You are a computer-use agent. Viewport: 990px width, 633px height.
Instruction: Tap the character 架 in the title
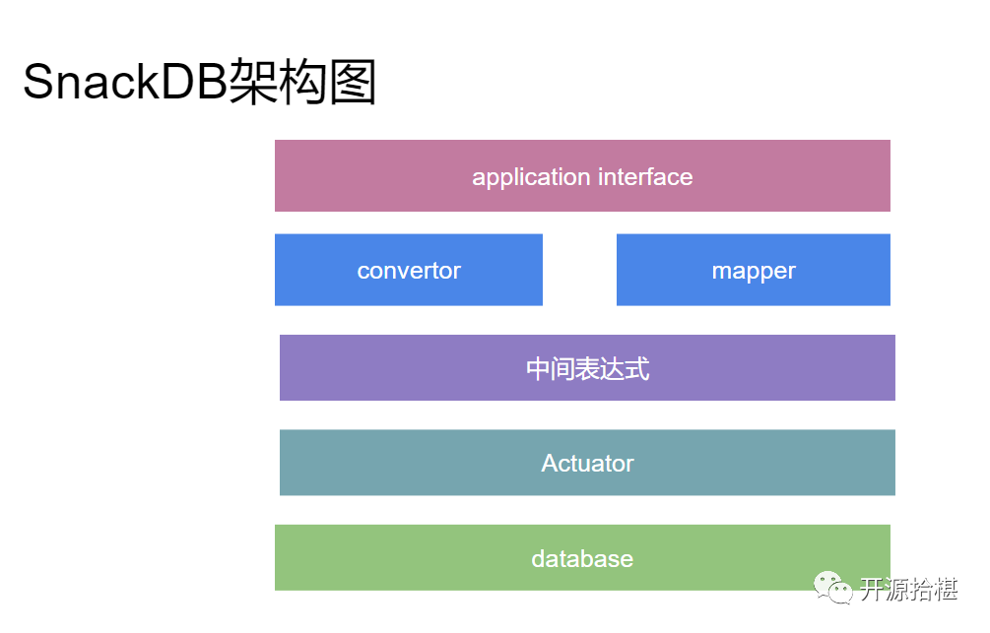click(252, 83)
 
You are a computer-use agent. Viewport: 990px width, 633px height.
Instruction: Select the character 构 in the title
click(302, 83)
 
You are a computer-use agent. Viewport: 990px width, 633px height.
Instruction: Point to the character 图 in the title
click(353, 83)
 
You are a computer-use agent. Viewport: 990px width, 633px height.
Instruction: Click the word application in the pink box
click(531, 177)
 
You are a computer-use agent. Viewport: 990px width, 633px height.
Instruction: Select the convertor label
click(409, 271)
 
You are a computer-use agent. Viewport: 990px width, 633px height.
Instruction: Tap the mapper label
click(754, 271)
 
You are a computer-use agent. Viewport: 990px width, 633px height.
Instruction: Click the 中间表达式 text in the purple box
click(587, 369)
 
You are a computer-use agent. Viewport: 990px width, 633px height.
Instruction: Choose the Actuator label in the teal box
click(587, 463)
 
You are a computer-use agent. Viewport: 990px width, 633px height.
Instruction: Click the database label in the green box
click(582, 559)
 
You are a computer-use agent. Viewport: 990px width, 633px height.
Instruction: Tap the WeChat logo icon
click(832, 588)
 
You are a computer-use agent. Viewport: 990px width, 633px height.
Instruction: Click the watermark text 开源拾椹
click(908, 590)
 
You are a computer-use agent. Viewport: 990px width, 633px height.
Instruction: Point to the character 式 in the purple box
click(637, 369)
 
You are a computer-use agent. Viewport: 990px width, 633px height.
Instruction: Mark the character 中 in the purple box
click(538, 369)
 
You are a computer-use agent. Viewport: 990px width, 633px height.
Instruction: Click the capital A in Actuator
click(549, 463)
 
